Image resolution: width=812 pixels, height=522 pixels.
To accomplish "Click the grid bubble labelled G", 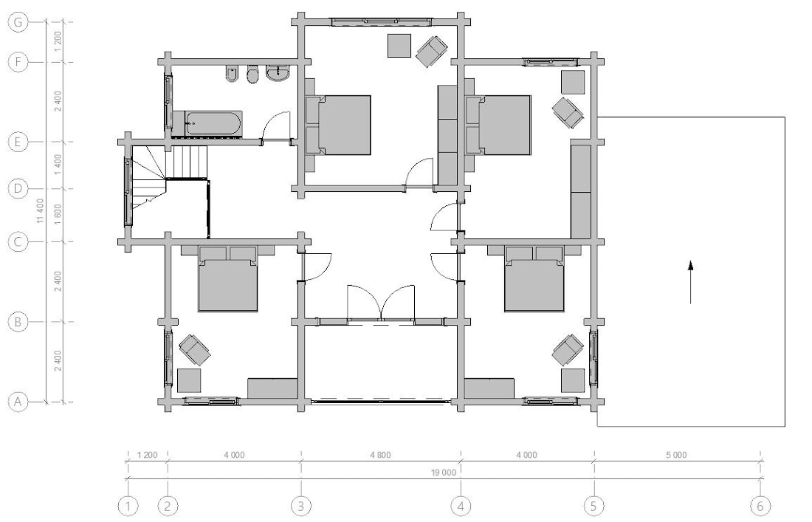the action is tap(18, 22).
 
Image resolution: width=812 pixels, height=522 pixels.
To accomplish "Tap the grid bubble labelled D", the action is tap(18, 188).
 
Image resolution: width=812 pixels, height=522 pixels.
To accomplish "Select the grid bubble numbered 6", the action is tap(761, 506).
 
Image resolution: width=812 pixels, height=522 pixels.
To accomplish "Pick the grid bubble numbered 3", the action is tap(302, 506).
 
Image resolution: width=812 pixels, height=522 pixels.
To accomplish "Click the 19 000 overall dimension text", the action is tap(444, 473).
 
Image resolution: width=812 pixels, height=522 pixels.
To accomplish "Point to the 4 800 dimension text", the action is tap(381, 456).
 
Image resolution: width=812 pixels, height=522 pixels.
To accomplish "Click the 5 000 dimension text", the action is tap(676, 456).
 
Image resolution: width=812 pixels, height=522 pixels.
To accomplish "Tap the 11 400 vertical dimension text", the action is tap(41, 211).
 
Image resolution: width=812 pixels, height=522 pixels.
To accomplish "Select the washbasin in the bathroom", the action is tap(278, 74).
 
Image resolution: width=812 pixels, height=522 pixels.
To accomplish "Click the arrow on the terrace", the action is tap(690, 282).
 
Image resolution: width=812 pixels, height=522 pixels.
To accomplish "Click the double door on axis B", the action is tap(381, 303).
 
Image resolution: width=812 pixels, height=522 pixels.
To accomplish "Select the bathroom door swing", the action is tap(275, 127).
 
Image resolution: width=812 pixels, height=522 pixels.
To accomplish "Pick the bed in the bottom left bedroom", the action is tap(228, 279).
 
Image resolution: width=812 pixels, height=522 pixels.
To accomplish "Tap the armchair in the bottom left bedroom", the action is tap(195, 349).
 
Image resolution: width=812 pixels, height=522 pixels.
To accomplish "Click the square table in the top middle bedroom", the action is tap(399, 46).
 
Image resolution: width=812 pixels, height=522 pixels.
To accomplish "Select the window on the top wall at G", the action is tap(382, 21).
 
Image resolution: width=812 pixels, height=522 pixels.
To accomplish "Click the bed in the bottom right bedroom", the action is tap(534, 279).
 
